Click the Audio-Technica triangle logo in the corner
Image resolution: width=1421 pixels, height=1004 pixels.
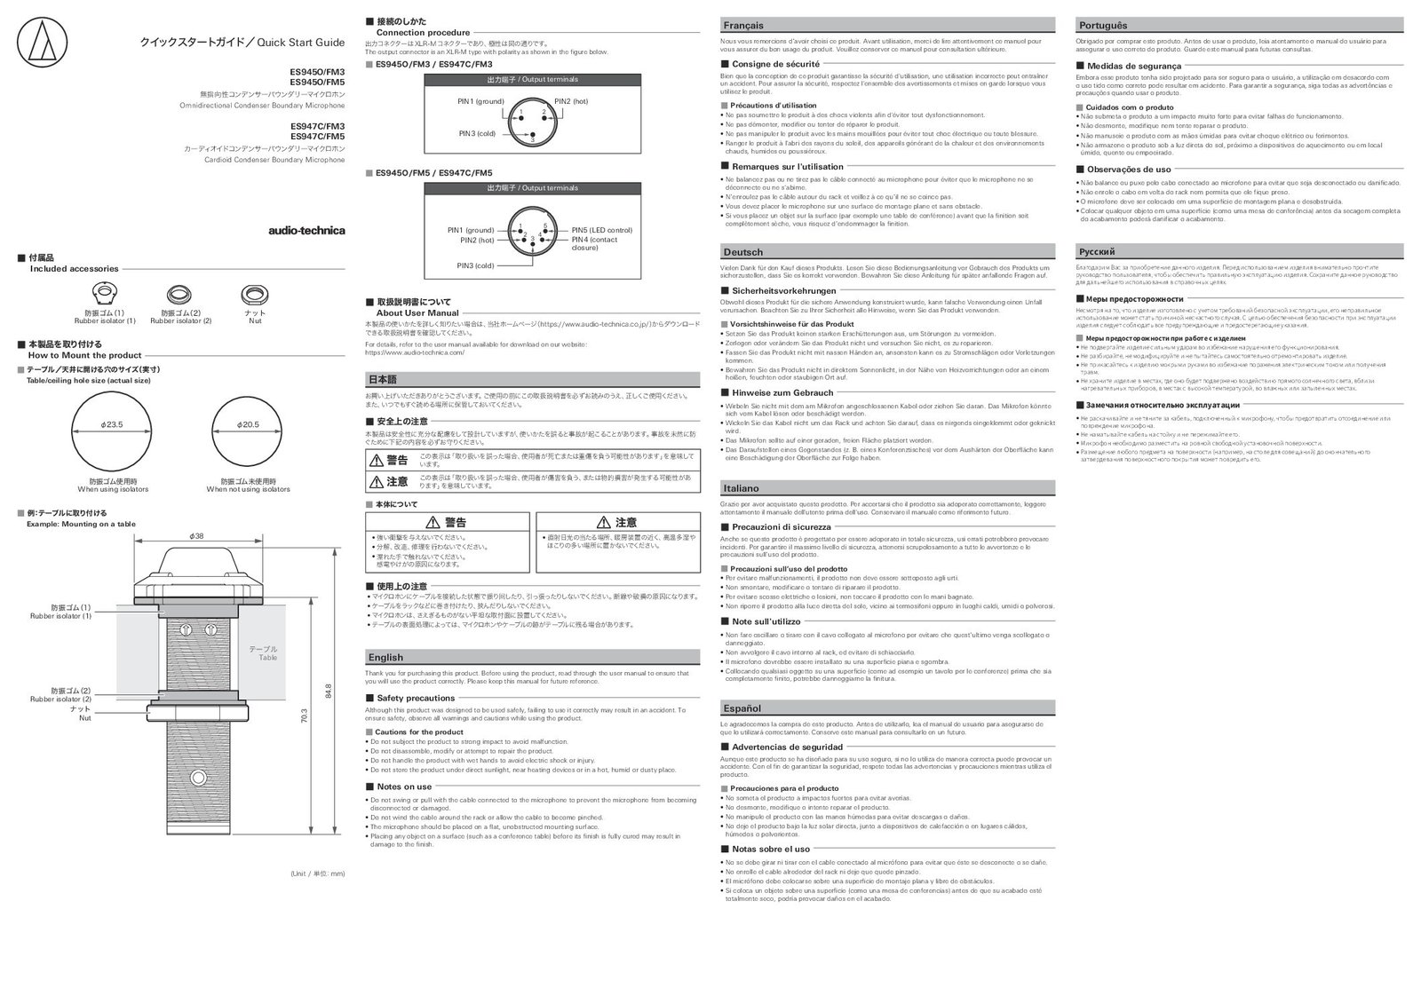point(38,42)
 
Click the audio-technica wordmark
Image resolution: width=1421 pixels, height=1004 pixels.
point(306,231)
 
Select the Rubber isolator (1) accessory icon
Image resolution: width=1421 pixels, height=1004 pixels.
point(105,294)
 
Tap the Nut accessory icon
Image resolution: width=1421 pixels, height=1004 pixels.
point(255,294)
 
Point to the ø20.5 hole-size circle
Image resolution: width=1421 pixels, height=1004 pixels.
point(248,425)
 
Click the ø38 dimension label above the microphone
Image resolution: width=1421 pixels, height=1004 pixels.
point(197,535)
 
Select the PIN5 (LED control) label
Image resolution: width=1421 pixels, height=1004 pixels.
point(601,230)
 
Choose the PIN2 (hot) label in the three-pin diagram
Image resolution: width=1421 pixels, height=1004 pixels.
point(571,101)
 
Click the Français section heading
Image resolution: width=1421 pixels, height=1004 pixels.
point(743,26)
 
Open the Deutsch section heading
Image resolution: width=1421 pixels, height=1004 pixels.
point(743,252)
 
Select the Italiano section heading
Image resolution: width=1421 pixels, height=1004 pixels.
point(742,488)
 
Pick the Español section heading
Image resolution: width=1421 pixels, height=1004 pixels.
point(742,708)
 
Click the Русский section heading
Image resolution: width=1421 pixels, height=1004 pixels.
point(1096,252)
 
